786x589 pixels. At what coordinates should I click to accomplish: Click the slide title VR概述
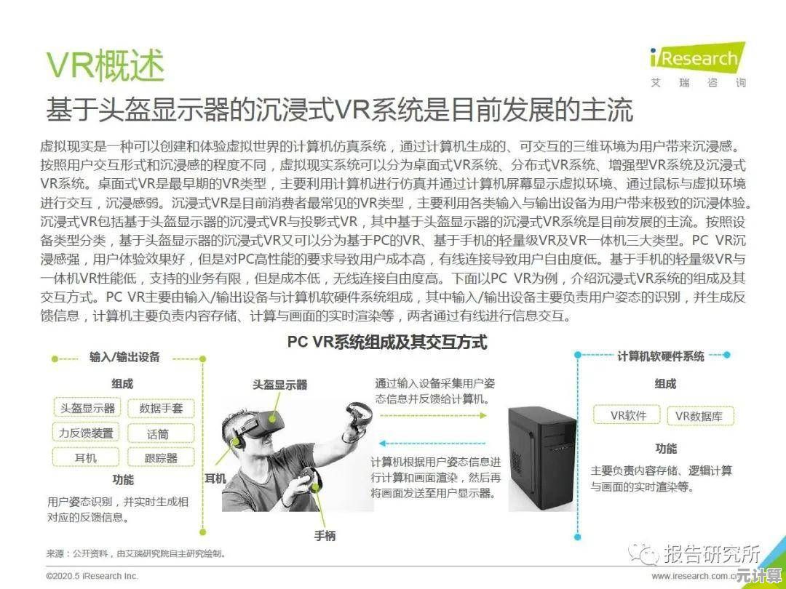point(106,65)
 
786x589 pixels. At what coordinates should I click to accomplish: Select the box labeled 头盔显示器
point(87,408)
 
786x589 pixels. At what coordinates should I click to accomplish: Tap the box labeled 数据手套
point(160,408)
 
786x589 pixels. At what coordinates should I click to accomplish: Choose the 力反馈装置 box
point(86,433)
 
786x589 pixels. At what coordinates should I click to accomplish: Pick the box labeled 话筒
point(160,433)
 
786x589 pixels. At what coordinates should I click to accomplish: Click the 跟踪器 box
point(160,458)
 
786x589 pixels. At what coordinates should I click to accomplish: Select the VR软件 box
point(627,415)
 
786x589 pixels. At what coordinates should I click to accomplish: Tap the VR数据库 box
point(701,416)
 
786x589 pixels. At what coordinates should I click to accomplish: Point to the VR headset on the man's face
point(261,424)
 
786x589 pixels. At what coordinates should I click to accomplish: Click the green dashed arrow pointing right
point(433,415)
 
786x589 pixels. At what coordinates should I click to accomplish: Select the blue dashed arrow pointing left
point(432,444)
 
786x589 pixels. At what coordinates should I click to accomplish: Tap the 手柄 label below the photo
point(325,535)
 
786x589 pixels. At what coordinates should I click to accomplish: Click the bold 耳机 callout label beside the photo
point(215,478)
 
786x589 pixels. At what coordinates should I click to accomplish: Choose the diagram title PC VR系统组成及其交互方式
point(387,342)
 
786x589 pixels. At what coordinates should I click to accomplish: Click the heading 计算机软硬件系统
point(661,356)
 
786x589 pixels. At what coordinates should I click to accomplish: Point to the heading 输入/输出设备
point(124,357)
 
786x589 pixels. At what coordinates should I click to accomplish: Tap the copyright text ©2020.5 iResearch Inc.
point(92,576)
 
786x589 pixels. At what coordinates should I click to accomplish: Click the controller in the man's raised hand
point(358,417)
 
